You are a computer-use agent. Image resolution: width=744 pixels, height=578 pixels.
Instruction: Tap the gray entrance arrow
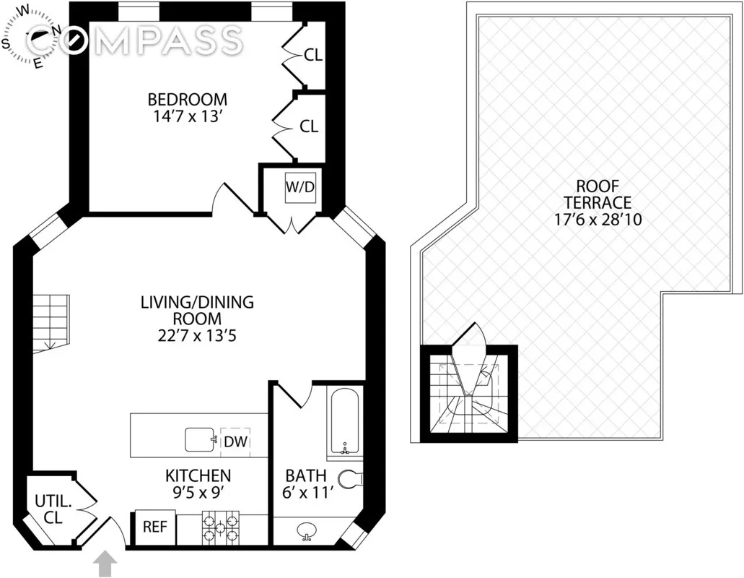pyautogui.click(x=106, y=564)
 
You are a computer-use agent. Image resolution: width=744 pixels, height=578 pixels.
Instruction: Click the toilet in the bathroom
pyautogui.click(x=351, y=478)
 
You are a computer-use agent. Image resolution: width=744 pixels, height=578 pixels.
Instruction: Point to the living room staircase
pyautogui.click(x=50, y=322)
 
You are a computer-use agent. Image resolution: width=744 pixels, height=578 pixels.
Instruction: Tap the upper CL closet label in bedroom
pyautogui.click(x=312, y=54)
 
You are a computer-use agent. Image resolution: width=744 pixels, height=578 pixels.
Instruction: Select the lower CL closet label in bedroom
pyautogui.click(x=309, y=126)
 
